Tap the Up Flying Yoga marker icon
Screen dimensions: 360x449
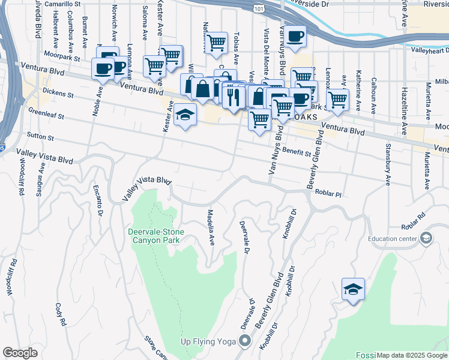(244, 341)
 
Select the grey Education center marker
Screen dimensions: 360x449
(426, 238)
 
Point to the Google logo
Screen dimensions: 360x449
(20, 353)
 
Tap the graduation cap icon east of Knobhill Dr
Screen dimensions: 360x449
(353, 289)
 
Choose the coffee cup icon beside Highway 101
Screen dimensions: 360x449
(295, 37)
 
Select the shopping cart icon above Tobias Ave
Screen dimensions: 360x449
(216, 43)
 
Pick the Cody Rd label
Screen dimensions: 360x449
(61, 314)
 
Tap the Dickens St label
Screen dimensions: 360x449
(58, 93)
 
